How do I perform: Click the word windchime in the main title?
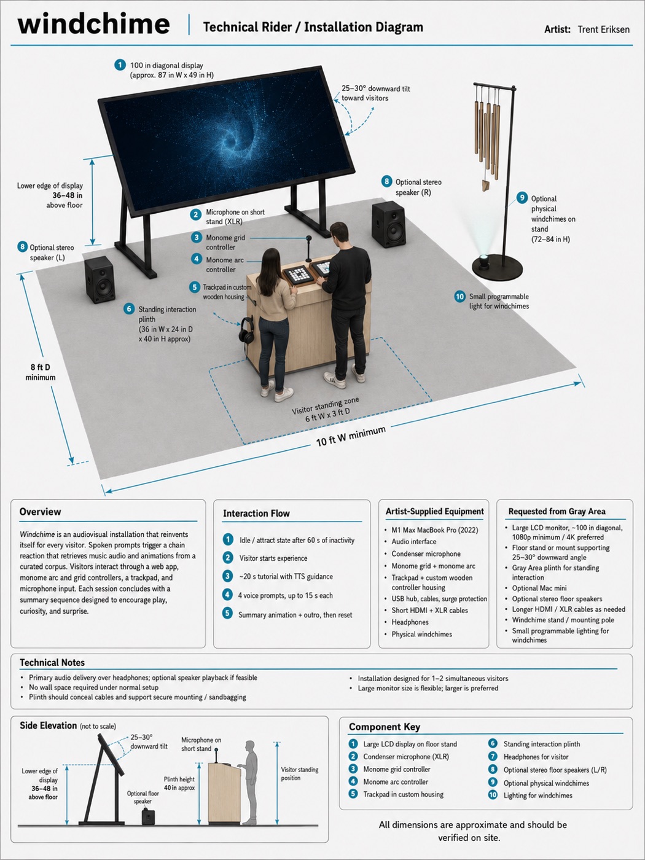pyautogui.click(x=93, y=24)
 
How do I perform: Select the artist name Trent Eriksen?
pyautogui.click(x=603, y=29)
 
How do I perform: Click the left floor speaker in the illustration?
pyautogui.click(x=100, y=279)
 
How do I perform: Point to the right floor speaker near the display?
pyautogui.click(x=388, y=224)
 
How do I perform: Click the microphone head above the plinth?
pyautogui.click(x=308, y=238)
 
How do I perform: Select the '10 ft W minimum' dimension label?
pyautogui.click(x=351, y=436)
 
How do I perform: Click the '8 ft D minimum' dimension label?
pyautogui.click(x=41, y=372)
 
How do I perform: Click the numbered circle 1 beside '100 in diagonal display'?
pyautogui.click(x=120, y=65)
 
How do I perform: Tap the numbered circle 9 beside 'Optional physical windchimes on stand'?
pyautogui.click(x=522, y=198)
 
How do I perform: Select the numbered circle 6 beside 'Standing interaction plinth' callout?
pyautogui.click(x=129, y=309)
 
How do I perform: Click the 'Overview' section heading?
pyautogui.click(x=41, y=512)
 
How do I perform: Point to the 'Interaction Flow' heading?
pyautogui.click(x=257, y=514)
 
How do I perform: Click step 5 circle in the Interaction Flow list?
pyautogui.click(x=227, y=613)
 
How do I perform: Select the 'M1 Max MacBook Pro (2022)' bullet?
pyautogui.click(x=435, y=530)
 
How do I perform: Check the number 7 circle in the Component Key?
pyautogui.click(x=493, y=757)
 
